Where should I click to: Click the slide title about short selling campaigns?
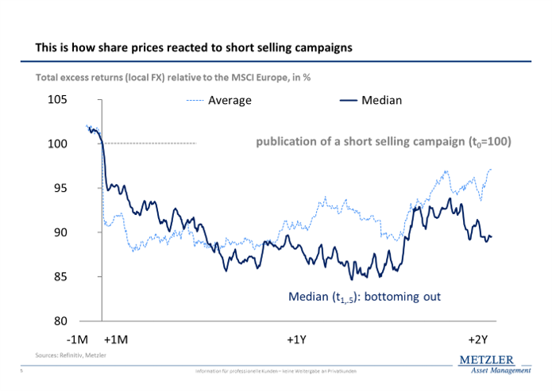click(x=194, y=48)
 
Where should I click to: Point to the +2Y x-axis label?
click(x=477, y=339)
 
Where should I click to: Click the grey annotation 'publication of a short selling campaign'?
click(x=383, y=143)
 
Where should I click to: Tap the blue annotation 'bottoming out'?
click(x=364, y=297)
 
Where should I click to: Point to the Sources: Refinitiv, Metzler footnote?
click(x=71, y=355)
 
